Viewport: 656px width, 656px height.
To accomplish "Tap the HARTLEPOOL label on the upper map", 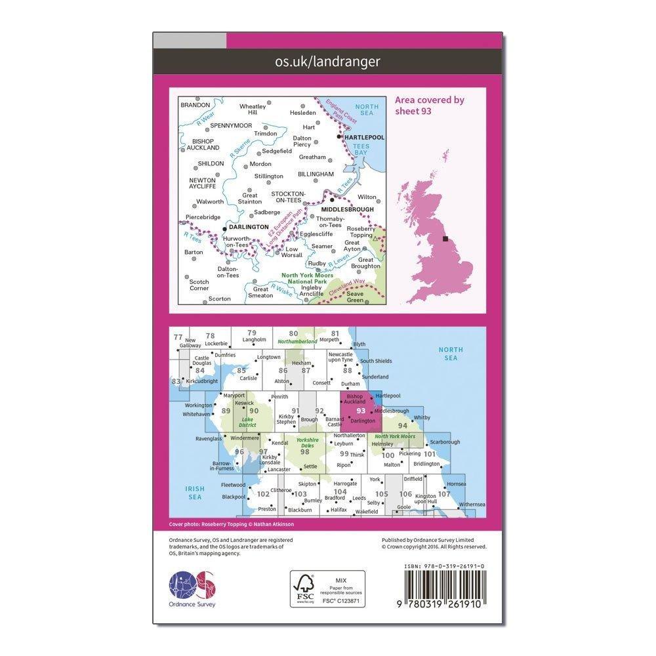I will pyautogui.click(x=363, y=137).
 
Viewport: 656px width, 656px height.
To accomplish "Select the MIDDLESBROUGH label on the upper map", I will pyautogui.click(x=347, y=210).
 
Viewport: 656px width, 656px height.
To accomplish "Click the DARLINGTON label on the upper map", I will pyautogui.click(x=249, y=227).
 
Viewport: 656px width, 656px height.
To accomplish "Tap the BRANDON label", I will pyautogui.click(x=195, y=105).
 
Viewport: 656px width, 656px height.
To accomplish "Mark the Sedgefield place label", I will pyautogui.click(x=277, y=151).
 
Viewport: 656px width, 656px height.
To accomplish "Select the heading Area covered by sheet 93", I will pyautogui.click(x=430, y=105).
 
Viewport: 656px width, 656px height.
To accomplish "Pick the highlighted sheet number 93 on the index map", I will pyautogui.click(x=360, y=411).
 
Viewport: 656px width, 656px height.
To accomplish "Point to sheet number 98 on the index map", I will pyautogui.click(x=304, y=451).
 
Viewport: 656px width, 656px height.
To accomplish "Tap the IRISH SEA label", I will pyautogui.click(x=195, y=493).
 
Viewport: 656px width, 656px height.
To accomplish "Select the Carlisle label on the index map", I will pyautogui.click(x=249, y=379).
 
